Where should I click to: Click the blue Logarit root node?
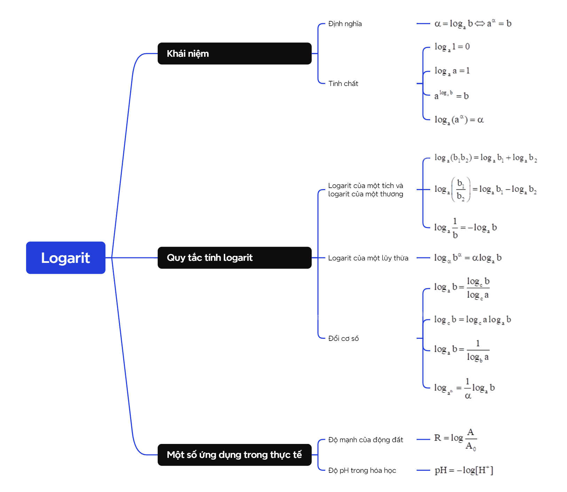[65, 258]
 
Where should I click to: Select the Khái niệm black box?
[234, 54]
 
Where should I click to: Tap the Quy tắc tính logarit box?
[234, 258]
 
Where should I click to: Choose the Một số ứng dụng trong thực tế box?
[234, 455]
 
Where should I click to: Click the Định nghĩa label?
[345, 24]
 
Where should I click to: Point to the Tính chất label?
[343, 84]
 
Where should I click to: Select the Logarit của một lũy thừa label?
[368, 258]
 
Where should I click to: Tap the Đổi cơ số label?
[343, 338]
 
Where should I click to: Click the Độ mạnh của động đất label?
[365, 440]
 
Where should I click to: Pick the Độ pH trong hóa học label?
[362, 470]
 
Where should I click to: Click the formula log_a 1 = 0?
[452, 47]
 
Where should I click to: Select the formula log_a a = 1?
[452, 71]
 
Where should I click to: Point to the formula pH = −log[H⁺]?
[464, 470]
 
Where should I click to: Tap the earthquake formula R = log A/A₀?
[455, 439]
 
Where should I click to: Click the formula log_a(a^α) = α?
[459, 120]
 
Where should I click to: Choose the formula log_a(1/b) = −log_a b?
[465, 228]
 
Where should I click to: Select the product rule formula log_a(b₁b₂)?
[485, 158]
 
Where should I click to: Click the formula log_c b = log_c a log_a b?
[472, 320]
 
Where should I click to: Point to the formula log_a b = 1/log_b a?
[462, 350]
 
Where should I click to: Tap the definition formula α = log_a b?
[473, 24]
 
